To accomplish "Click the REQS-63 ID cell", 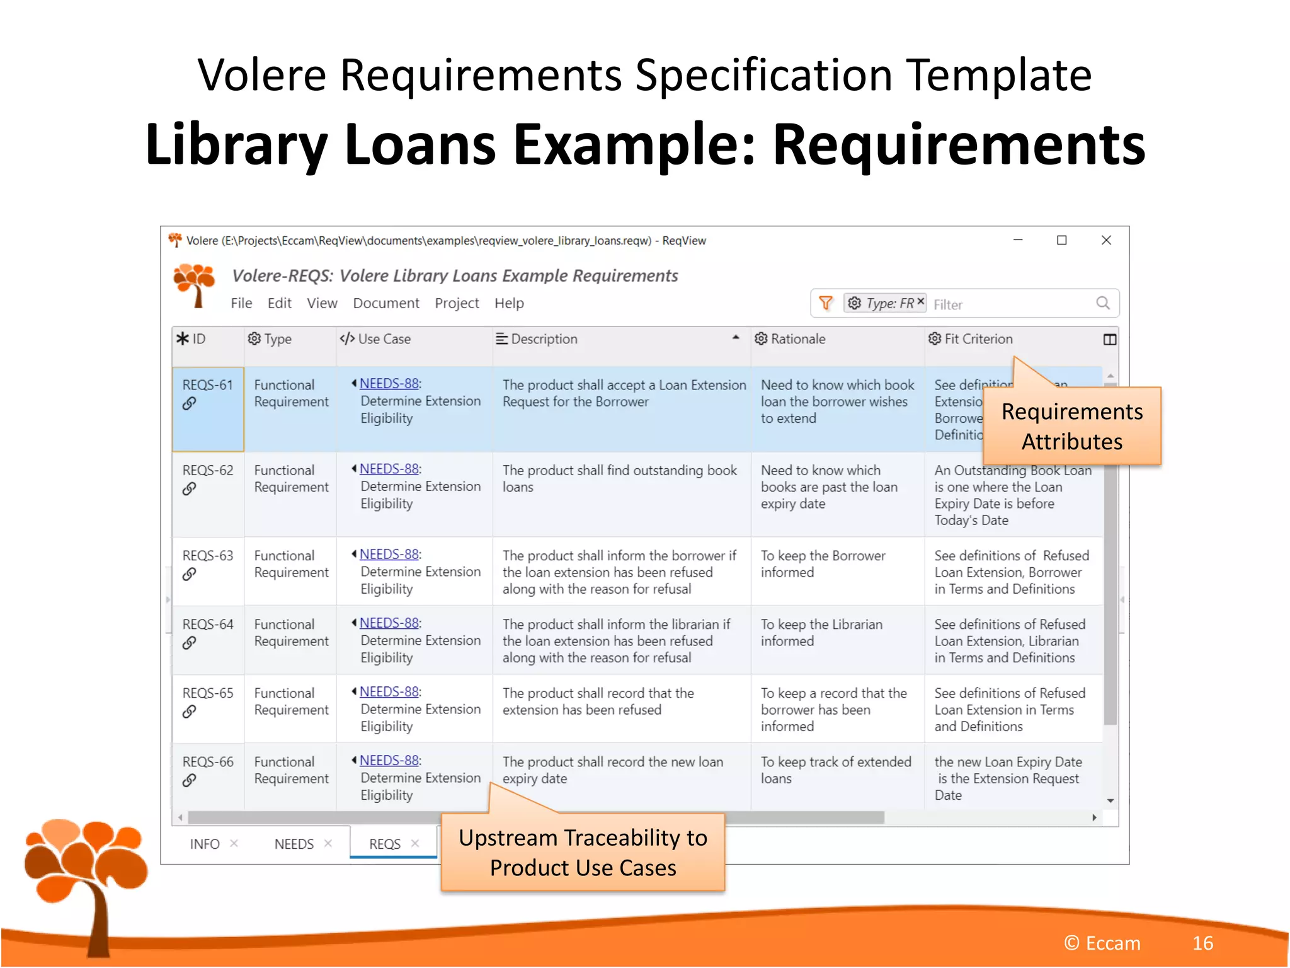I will (x=207, y=556).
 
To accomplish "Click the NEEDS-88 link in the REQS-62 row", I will (x=389, y=470).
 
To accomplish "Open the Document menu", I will (x=385, y=304).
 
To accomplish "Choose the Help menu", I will (x=509, y=304).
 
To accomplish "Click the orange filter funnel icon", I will (x=825, y=304).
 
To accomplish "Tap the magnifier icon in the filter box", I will (x=1103, y=304).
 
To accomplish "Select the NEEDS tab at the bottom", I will (x=294, y=844).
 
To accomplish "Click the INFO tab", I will (x=205, y=844).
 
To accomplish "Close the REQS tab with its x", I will (x=415, y=844).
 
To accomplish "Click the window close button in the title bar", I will (x=1106, y=240).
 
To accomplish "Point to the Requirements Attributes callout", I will (x=1071, y=427).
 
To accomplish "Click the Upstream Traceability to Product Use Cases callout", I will (x=583, y=853).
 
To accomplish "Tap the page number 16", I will (x=1202, y=943).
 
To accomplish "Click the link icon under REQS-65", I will (x=189, y=712).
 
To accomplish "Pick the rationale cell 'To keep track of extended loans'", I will (x=836, y=770).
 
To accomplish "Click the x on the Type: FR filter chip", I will (x=921, y=302).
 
